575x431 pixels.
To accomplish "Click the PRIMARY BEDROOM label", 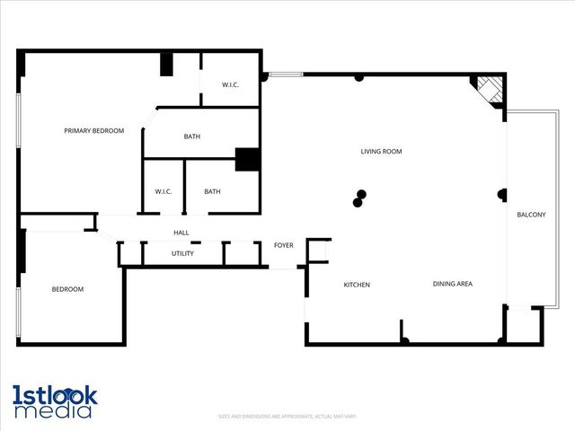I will [93, 131].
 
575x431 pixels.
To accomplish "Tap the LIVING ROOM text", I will [381, 152].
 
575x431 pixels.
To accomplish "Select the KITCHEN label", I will [357, 285].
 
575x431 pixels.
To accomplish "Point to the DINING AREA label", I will [453, 284].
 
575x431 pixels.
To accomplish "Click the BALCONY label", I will [531, 215].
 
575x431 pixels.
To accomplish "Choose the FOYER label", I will [284, 245].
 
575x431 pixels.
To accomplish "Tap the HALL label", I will [181, 233].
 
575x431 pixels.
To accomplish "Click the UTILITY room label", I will [182, 253].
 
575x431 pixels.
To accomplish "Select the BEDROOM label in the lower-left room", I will [67, 289].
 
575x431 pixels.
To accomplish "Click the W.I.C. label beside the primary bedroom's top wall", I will [231, 85].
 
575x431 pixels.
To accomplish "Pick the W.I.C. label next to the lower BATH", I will [163, 191].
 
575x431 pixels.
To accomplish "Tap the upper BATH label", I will [192, 136].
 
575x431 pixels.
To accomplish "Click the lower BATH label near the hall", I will [212, 191].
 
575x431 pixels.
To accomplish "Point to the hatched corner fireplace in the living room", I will [490, 90].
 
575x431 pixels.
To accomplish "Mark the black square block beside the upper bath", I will [247, 159].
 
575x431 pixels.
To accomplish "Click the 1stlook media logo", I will [54, 401].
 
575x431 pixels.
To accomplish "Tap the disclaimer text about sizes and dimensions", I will [287, 417].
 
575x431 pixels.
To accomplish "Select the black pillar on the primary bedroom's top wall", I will [166, 65].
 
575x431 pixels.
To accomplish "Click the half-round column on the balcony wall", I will [503, 193].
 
